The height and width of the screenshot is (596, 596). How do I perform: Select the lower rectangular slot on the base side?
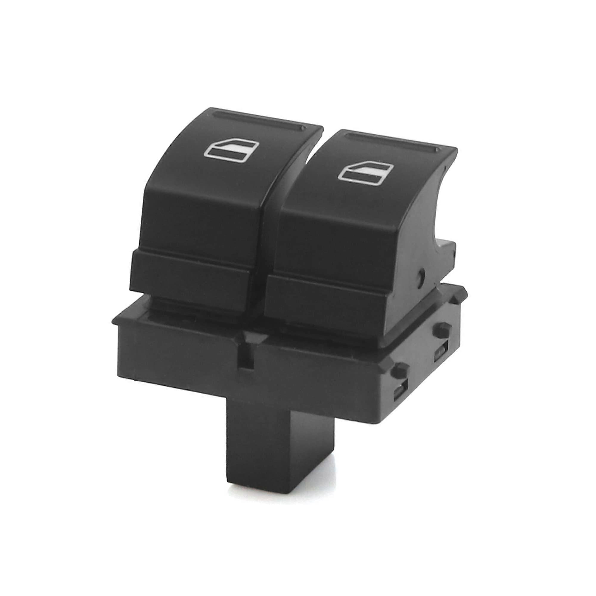click(399, 394)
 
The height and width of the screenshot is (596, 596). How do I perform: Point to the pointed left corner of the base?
click(115, 323)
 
